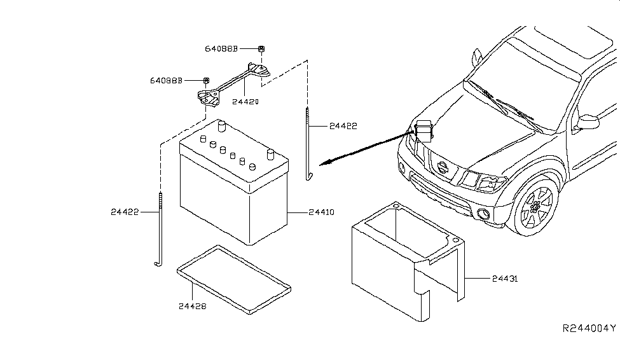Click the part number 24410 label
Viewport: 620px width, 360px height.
(x=322, y=212)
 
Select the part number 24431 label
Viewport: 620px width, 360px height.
(x=505, y=279)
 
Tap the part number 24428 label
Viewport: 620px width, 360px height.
(x=193, y=306)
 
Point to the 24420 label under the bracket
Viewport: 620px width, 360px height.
(x=245, y=102)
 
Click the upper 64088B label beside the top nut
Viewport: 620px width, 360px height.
(x=221, y=49)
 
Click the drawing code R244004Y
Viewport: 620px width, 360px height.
(x=589, y=328)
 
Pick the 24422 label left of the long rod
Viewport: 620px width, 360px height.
(x=125, y=212)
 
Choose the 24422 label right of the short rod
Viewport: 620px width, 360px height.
(x=343, y=126)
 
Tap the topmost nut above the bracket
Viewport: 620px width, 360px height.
(x=261, y=49)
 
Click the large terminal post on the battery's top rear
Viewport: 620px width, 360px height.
(x=221, y=126)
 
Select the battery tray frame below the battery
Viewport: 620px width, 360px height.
(x=234, y=280)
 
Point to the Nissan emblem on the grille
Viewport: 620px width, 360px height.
(x=443, y=167)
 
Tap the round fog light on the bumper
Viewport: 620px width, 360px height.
(x=483, y=214)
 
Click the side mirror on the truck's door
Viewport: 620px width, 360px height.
(x=588, y=122)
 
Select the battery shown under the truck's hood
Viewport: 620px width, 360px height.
(x=424, y=130)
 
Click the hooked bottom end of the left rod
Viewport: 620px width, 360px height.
(x=158, y=263)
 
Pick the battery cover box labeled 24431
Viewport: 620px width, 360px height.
(x=408, y=261)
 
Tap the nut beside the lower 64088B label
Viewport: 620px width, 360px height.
(x=206, y=81)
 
